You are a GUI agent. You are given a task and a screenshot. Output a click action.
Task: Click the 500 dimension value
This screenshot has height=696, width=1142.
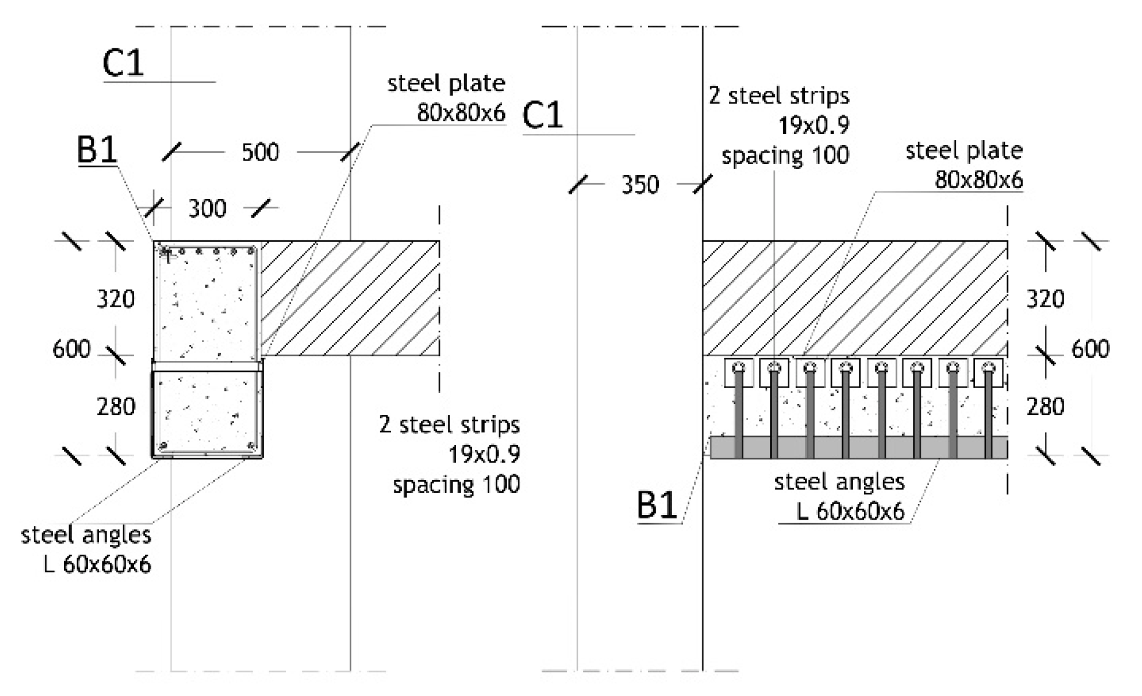click(x=260, y=152)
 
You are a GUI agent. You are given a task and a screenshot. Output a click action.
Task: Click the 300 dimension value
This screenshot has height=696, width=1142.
click(x=207, y=208)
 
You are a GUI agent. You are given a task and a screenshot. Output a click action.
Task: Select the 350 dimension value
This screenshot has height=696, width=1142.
click(x=640, y=185)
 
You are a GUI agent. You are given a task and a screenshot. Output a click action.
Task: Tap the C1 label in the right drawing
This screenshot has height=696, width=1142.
click(x=542, y=115)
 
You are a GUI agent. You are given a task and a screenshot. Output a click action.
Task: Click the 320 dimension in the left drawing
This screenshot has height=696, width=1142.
click(x=115, y=299)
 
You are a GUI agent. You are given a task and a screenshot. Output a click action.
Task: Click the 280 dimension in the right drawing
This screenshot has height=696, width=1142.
click(x=1045, y=407)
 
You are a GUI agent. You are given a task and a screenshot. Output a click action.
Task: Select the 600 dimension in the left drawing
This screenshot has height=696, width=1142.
click(x=71, y=349)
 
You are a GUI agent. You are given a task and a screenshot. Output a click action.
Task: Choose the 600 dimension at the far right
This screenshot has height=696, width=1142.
click(x=1090, y=349)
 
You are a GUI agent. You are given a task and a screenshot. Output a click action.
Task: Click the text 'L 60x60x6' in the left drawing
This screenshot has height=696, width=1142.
click(x=98, y=564)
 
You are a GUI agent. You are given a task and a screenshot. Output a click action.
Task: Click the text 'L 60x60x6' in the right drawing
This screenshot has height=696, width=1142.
click(x=850, y=512)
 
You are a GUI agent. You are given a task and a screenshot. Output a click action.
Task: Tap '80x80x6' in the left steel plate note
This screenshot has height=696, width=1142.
click(x=461, y=113)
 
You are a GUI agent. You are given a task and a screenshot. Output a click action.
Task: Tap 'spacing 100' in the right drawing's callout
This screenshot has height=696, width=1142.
click(x=785, y=156)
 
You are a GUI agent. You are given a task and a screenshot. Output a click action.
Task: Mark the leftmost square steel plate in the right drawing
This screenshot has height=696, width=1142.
click(x=739, y=372)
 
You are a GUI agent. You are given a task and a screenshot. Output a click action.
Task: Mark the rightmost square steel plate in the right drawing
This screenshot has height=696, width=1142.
click(x=988, y=372)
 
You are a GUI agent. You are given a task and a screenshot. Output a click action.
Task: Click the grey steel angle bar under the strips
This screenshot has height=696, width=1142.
click(x=858, y=448)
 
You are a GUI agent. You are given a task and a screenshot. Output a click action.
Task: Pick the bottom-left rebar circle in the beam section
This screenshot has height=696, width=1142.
click(x=163, y=446)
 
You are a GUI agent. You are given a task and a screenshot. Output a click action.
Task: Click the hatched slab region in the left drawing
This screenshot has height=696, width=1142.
click(x=349, y=298)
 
